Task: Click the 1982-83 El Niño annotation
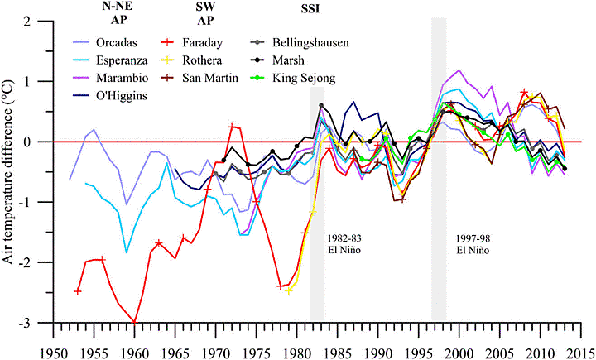tap(324, 241)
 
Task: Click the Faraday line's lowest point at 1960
tap(134, 322)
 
